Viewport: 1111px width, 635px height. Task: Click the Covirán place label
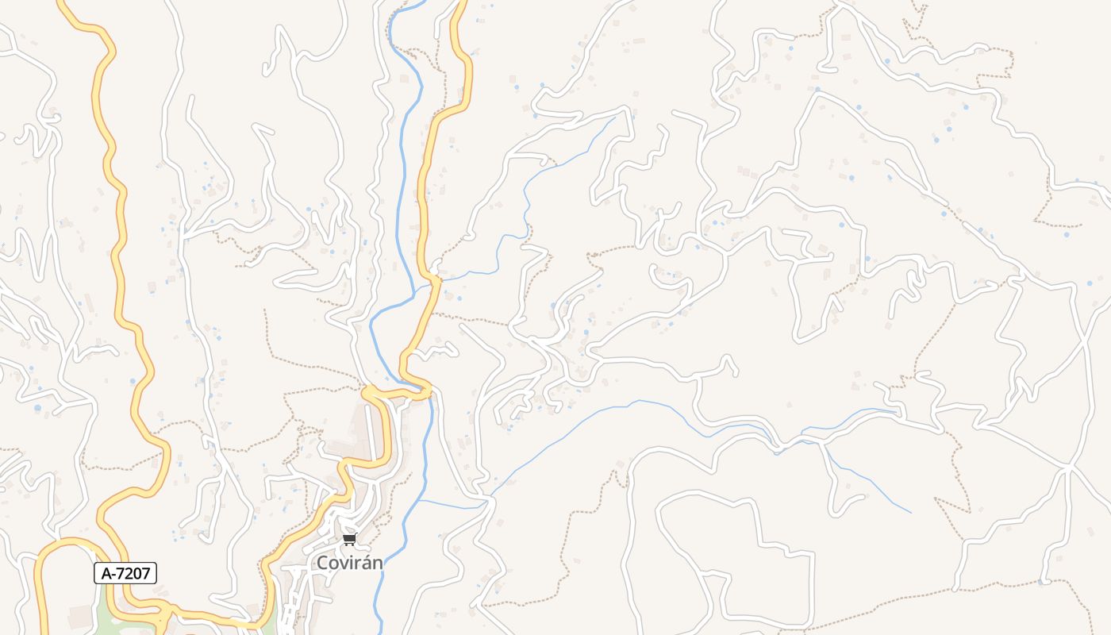(349, 563)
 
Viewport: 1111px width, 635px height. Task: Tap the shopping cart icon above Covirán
(349, 541)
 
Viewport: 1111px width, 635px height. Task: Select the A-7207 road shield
(125, 573)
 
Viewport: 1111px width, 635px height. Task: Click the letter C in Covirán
(323, 563)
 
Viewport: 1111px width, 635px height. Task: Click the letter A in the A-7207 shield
(106, 573)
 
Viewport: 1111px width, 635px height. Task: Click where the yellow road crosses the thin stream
(435, 279)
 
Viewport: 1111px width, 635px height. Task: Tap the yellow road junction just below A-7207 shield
(163, 612)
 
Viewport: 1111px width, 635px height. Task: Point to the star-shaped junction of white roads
(1070, 468)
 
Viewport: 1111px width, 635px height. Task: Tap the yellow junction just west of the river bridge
(369, 391)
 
